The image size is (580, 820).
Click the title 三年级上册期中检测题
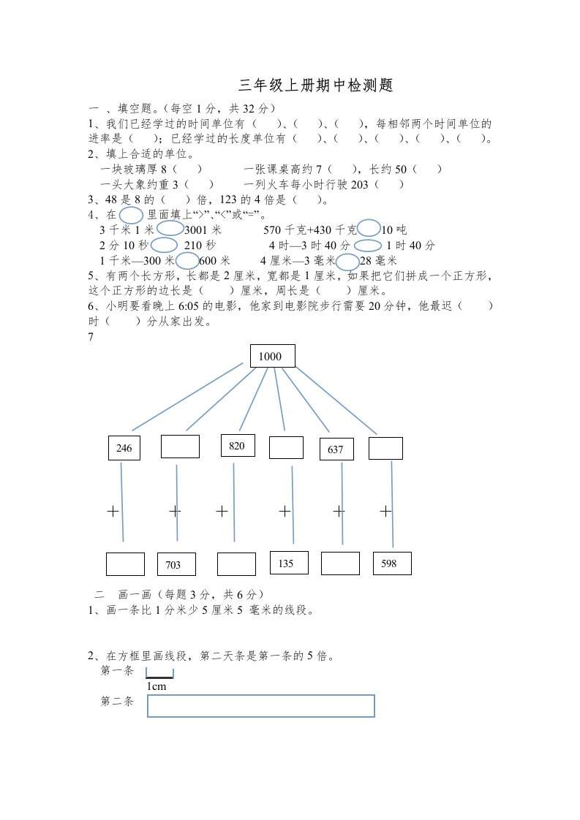[317, 86]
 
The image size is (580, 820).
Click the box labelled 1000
[273, 356]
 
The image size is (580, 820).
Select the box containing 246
[124, 448]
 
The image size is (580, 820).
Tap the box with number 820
[237, 445]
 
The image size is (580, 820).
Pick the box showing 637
[336, 449]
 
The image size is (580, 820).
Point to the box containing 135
[289, 562]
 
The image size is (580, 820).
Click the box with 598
[391, 563]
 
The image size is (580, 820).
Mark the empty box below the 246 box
[125, 564]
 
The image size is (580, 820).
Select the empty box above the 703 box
[180, 447]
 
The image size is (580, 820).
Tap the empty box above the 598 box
[385, 448]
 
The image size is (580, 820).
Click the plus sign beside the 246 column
[113, 512]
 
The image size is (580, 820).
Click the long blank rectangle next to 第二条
[261, 706]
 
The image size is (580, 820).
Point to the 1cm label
[157, 687]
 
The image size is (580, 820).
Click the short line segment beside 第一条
[160, 676]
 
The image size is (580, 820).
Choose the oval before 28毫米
[348, 262]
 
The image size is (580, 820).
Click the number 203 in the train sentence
[360, 185]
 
